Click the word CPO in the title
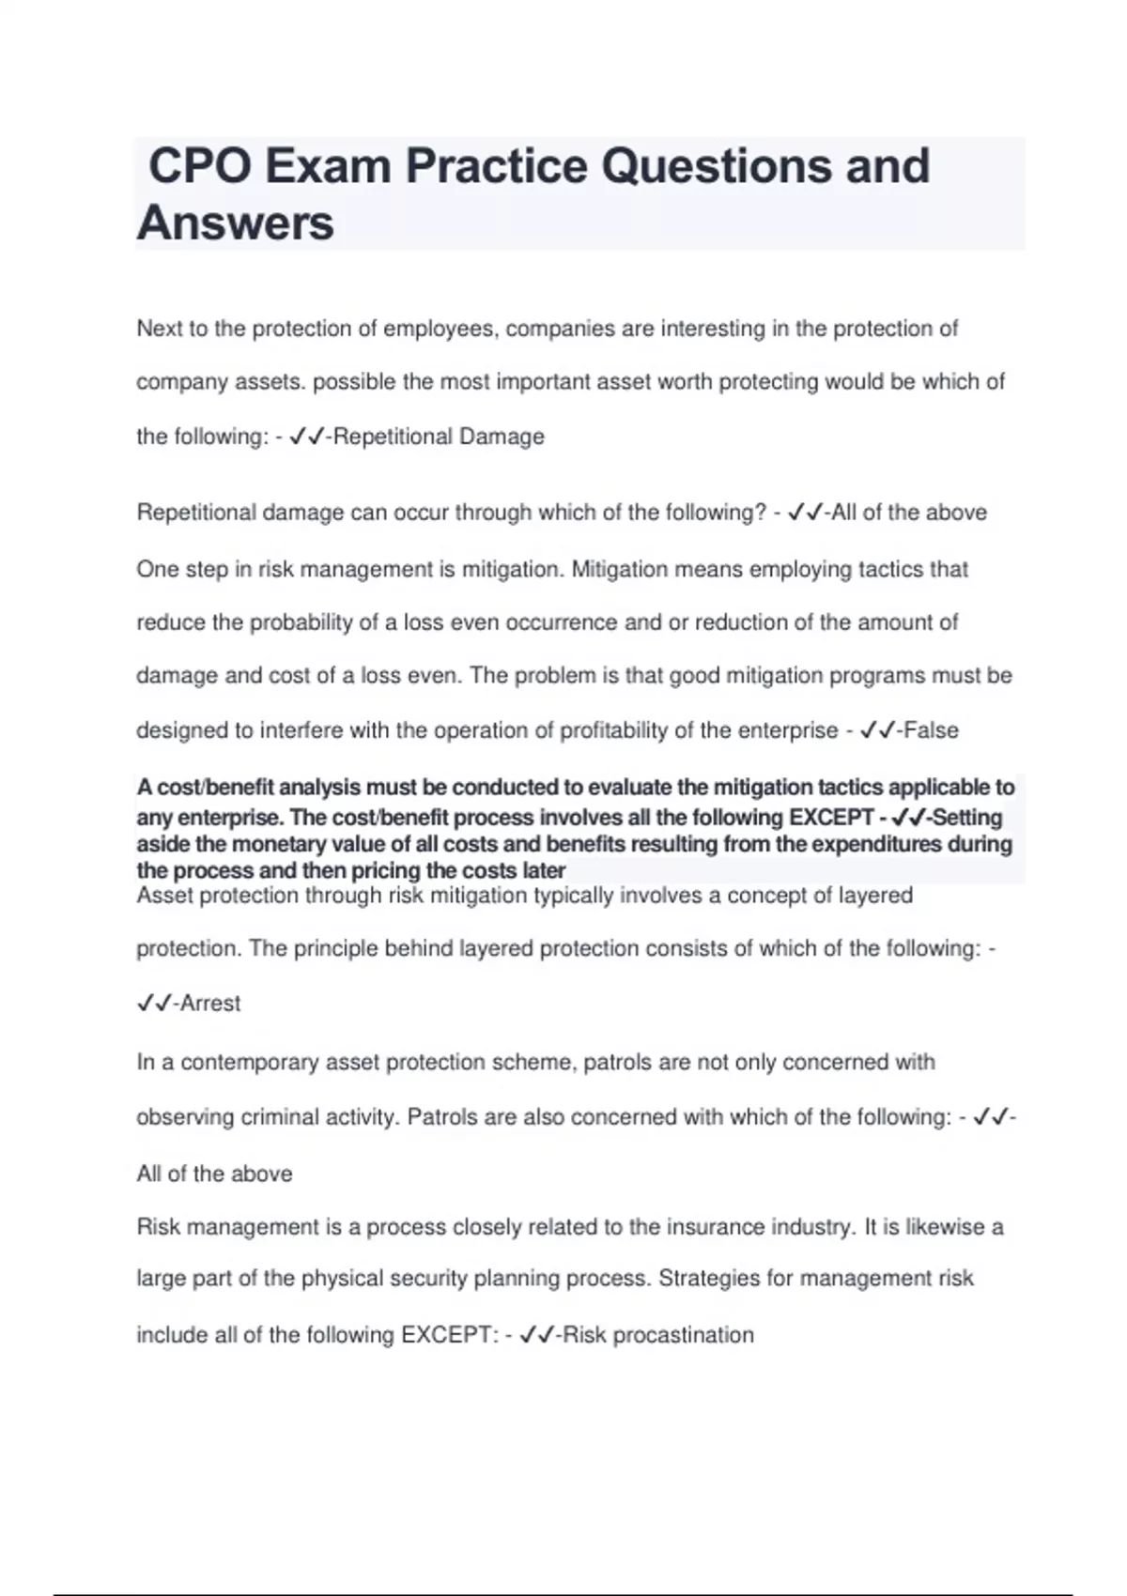pyautogui.click(x=199, y=166)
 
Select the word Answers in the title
pyautogui.click(x=236, y=223)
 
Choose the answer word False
pyautogui.click(x=931, y=730)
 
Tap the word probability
pyautogui.click(x=301, y=622)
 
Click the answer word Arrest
pyautogui.click(x=210, y=1004)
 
